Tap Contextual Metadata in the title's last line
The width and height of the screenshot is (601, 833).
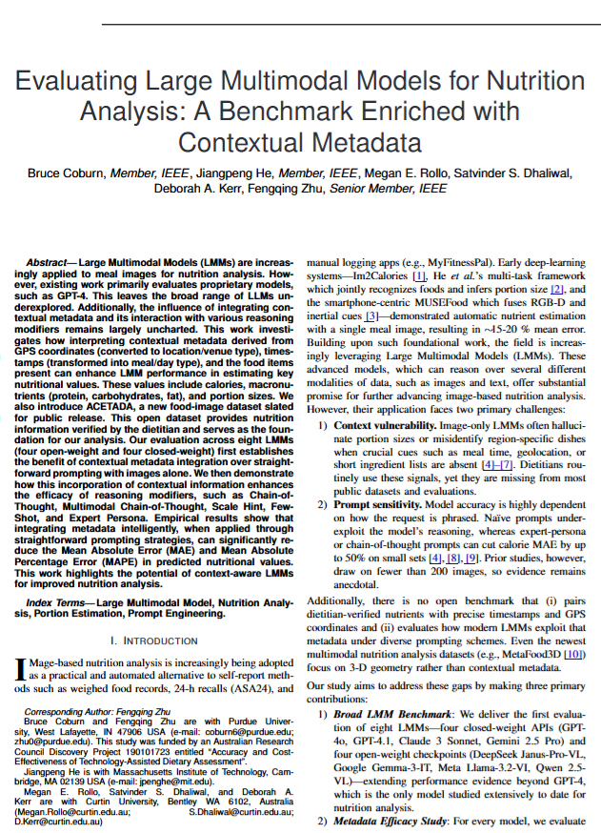[300, 143]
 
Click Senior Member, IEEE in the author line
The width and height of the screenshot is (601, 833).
[388, 189]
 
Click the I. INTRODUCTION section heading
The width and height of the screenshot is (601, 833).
[155, 640]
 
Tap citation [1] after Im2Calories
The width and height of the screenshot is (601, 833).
[416, 274]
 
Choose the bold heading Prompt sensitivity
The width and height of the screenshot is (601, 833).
[377, 501]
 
